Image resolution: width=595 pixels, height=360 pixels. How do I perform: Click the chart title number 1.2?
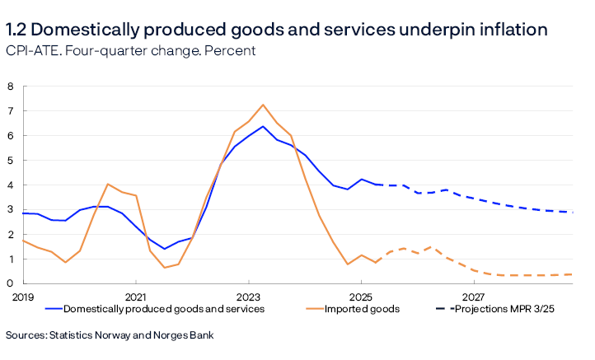19,30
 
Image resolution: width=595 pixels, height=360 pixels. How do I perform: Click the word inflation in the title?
509,30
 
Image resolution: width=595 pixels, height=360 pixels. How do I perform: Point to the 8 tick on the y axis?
11,86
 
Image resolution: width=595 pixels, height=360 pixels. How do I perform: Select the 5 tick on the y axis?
11,161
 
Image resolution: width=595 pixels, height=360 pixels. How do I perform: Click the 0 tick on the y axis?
11,284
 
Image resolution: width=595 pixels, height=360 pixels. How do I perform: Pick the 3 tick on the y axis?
11,210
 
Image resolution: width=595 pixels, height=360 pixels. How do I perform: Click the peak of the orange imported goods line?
263,105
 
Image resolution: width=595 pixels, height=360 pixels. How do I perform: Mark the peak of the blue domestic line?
262,126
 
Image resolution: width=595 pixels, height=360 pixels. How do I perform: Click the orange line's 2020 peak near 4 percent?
108,185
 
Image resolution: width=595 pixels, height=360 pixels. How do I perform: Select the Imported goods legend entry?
362,309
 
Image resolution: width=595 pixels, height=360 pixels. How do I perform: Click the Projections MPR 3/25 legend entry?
501,309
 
